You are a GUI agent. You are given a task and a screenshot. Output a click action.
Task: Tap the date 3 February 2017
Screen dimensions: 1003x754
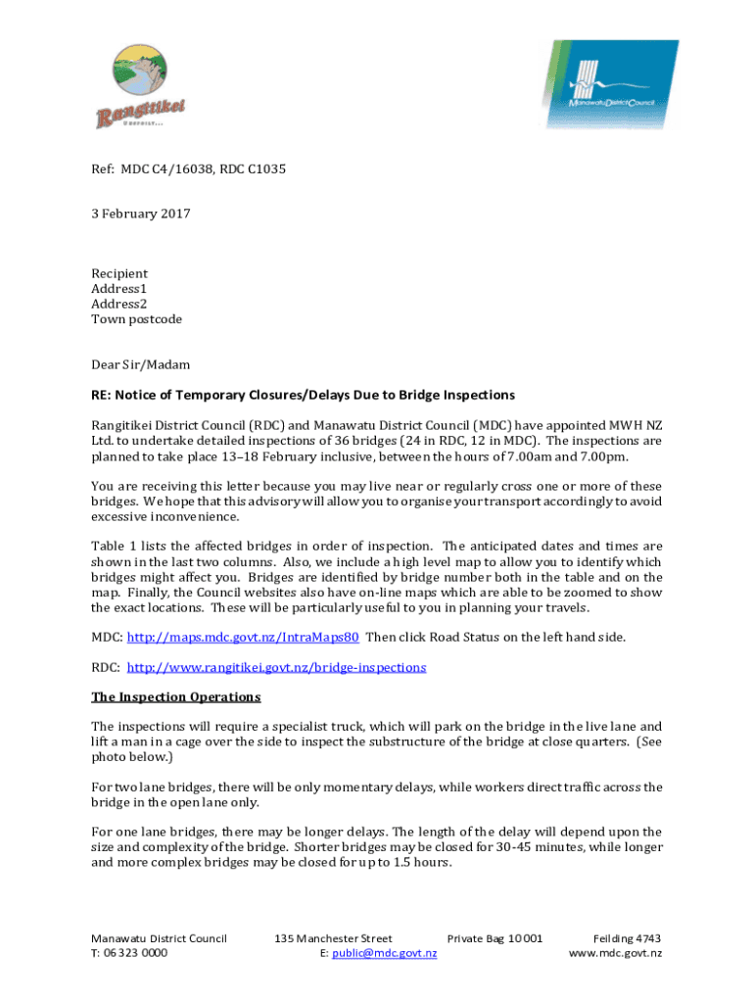pyautogui.click(x=140, y=214)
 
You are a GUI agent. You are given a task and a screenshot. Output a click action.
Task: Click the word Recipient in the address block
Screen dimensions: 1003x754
pyautogui.click(x=119, y=273)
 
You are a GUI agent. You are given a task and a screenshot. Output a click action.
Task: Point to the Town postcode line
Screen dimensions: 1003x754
pyautogui.click(x=136, y=319)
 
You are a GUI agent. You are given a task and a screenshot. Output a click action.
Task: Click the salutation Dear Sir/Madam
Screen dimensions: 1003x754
pyautogui.click(x=140, y=364)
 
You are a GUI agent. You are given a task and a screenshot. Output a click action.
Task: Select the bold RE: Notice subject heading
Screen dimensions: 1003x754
pyautogui.click(x=303, y=395)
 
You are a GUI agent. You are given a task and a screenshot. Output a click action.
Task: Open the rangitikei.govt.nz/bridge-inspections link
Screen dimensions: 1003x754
pyautogui.click(x=276, y=667)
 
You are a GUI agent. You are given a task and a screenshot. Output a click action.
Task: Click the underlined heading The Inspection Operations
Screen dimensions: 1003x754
pyautogui.click(x=175, y=697)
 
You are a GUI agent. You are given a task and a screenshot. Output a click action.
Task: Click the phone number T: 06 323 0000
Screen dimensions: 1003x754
pyautogui.click(x=129, y=953)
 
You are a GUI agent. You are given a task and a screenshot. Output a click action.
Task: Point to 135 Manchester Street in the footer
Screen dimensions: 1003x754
pyautogui.click(x=334, y=938)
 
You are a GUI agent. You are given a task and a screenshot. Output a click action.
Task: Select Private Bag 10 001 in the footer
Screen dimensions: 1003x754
pyautogui.click(x=495, y=938)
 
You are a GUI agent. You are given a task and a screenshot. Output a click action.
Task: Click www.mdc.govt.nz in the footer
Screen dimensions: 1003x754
pyautogui.click(x=615, y=953)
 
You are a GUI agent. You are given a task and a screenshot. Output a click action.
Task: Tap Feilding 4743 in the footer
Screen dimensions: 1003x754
pyautogui.click(x=627, y=938)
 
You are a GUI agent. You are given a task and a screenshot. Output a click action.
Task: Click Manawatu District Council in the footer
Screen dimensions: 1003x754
pyautogui.click(x=159, y=938)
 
